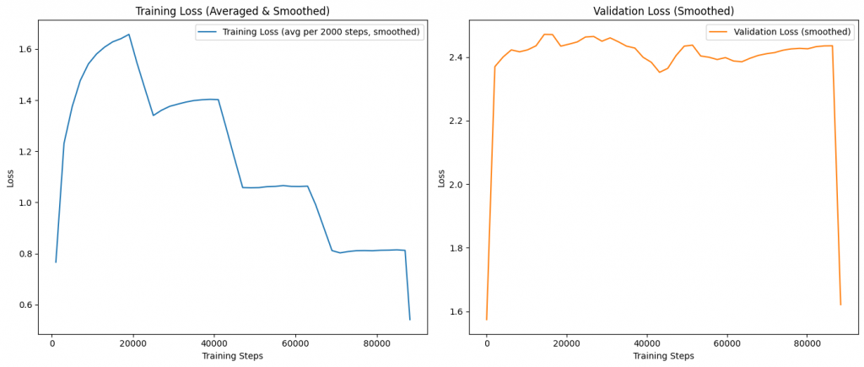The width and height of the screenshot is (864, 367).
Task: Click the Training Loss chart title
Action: tap(232, 11)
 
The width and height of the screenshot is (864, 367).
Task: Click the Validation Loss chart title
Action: tap(663, 11)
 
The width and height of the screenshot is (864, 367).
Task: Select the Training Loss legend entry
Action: tap(308, 32)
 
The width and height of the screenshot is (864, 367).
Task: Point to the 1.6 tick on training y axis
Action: tap(24, 50)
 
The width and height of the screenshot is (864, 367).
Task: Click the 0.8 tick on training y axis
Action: tap(24, 254)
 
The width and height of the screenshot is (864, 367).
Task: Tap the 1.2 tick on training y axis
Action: tap(24, 152)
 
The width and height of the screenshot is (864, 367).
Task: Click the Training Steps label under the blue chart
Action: tap(232, 356)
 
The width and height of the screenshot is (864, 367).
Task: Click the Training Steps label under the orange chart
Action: tap(663, 356)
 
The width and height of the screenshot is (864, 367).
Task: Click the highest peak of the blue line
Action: tap(128, 35)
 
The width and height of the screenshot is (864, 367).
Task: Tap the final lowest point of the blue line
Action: tap(410, 320)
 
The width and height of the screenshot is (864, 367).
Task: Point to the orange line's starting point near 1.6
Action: tap(486, 319)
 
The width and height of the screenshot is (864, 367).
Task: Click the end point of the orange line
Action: tap(840, 305)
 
